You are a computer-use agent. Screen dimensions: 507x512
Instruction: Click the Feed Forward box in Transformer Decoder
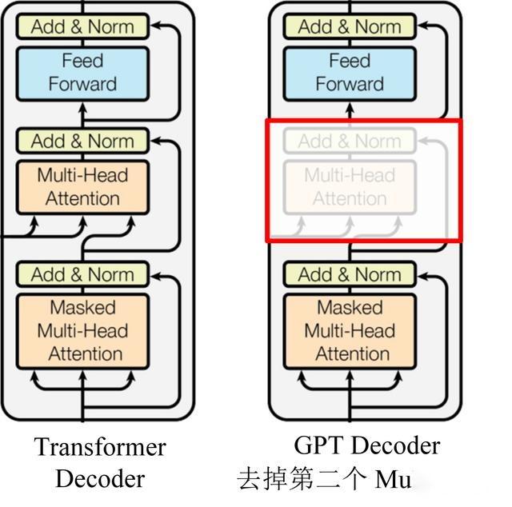82,73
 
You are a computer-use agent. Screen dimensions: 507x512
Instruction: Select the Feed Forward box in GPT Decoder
350,73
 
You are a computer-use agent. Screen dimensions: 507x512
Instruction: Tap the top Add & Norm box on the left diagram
82,26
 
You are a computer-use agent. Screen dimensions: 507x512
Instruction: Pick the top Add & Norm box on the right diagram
350,26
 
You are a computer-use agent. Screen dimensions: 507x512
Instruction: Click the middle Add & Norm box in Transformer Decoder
82,142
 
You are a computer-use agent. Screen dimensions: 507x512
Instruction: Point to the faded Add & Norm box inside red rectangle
350,142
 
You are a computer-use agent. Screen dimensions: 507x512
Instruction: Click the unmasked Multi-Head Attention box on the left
82,186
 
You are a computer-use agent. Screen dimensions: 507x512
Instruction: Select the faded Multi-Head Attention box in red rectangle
350,186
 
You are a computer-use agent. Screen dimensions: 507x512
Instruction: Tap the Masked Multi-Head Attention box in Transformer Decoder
82,330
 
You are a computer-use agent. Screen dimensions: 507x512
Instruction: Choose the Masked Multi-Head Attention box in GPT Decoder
350,330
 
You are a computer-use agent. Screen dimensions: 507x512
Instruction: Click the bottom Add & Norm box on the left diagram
82,274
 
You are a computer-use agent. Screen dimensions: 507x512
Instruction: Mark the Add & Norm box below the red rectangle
350,274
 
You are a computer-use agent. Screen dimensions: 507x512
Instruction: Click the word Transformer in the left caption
100,447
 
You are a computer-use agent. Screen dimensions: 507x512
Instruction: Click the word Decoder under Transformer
100,478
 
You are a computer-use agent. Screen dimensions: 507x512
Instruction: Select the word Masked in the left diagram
82,308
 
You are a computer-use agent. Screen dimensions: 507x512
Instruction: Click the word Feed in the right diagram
350,61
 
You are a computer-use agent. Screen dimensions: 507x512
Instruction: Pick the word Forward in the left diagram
82,84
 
